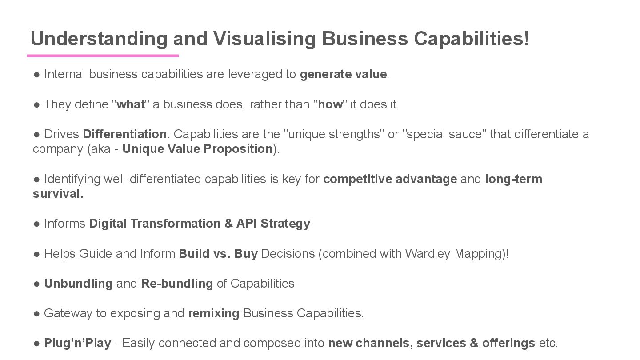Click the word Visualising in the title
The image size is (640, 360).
(x=264, y=39)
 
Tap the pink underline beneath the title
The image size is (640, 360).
(x=103, y=56)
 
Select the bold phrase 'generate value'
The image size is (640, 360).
(x=343, y=74)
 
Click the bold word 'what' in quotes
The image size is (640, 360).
(x=131, y=104)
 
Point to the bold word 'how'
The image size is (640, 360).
(x=330, y=104)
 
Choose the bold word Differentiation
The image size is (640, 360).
(x=124, y=134)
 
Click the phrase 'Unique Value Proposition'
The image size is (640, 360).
(x=197, y=149)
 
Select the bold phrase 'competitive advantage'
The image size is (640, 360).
(x=390, y=179)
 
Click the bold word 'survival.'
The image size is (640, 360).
(x=58, y=194)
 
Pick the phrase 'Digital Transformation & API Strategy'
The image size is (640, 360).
(x=199, y=224)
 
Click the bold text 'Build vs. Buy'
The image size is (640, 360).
(x=218, y=254)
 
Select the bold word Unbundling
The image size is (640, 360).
(x=78, y=284)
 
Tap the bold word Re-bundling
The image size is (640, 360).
(x=177, y=284)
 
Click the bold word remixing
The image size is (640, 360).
(x=213, y=313)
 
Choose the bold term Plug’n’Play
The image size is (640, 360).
(x=77, y=343)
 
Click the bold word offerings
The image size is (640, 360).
(x=508, y=343)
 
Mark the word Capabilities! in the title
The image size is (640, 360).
(x=472, y=39)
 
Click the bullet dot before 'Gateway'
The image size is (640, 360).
(x=37, y=313)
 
